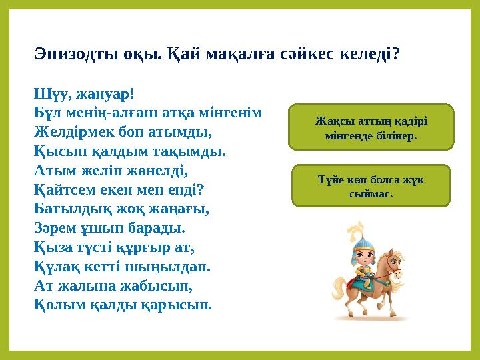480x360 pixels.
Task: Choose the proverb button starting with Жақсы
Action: click(x=371, y=126)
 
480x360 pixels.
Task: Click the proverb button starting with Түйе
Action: click(x=371, y=185)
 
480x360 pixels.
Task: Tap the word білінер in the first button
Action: click(x=396, y=135)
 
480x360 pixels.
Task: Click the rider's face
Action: click(x=363, y=256)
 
